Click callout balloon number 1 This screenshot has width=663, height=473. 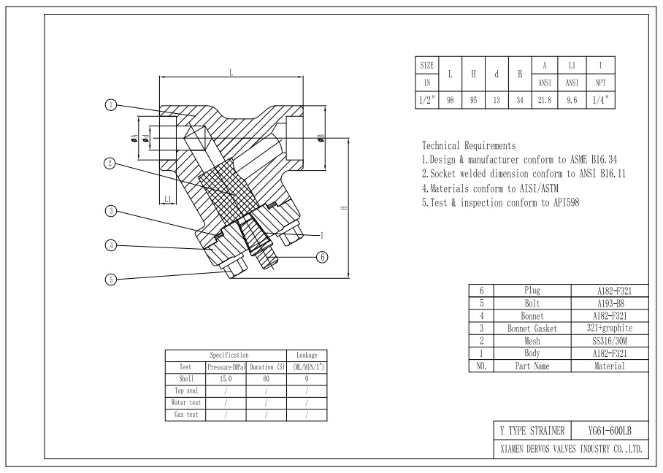(x=111, y=105)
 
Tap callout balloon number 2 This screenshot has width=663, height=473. (x=110, y=164)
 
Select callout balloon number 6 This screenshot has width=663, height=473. (x=322, y=257)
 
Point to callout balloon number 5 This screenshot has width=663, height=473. (x=111, y=280)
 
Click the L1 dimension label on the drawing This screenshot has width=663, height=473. (x=168, y=199)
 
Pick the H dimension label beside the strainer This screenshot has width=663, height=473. (x=344, y=207)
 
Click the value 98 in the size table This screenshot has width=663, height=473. (x=451, y=100)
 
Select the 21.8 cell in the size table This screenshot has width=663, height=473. (x=545, y=100)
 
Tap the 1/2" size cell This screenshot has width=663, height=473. (x=427, y=100)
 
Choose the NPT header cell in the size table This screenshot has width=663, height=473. (x=600, y=83)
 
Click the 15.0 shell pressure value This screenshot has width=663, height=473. (x=226, y=379)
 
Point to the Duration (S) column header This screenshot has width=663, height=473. (x=267, y=367)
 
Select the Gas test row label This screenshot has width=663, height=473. (x=186, y=415)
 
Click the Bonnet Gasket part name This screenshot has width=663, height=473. (x=532, y=328)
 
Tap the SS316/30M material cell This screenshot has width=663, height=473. (x=609, y=341)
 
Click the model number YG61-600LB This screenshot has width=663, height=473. (x=610, y=431)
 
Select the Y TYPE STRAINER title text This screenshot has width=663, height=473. (x=532, y=431)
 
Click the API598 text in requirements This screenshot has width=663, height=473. (x=566, y=203)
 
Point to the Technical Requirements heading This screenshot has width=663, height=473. (x=469, y=146)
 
